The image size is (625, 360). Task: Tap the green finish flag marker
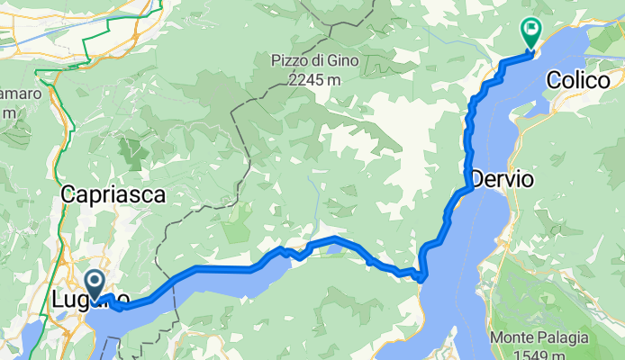[530, 34]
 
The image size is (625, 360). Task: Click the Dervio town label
[502, 179]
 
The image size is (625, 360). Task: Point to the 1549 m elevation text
[539, 355]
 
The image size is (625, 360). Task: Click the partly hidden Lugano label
[90, 299]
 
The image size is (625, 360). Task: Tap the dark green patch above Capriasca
[132, 151]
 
